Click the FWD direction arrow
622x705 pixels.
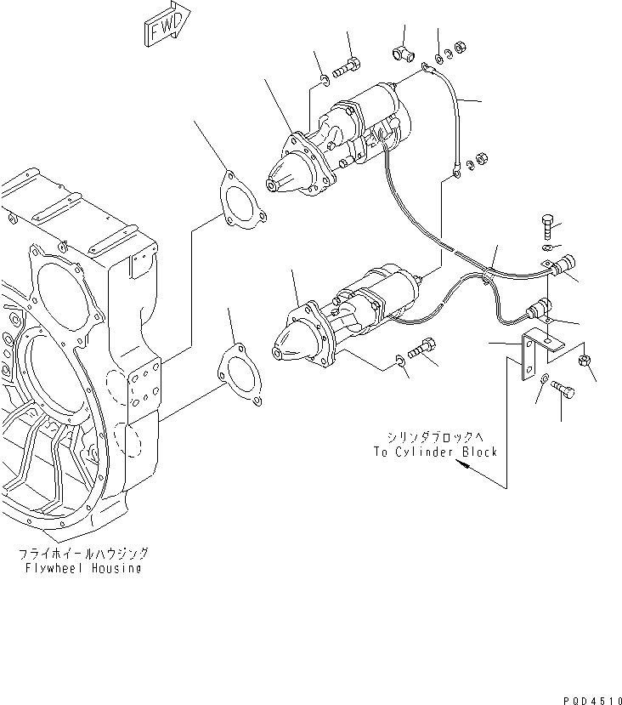(167, 28)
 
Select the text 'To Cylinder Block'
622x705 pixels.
(434, 452)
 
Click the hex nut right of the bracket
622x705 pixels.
(584, 361)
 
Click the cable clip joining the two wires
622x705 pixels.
(485, 270)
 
